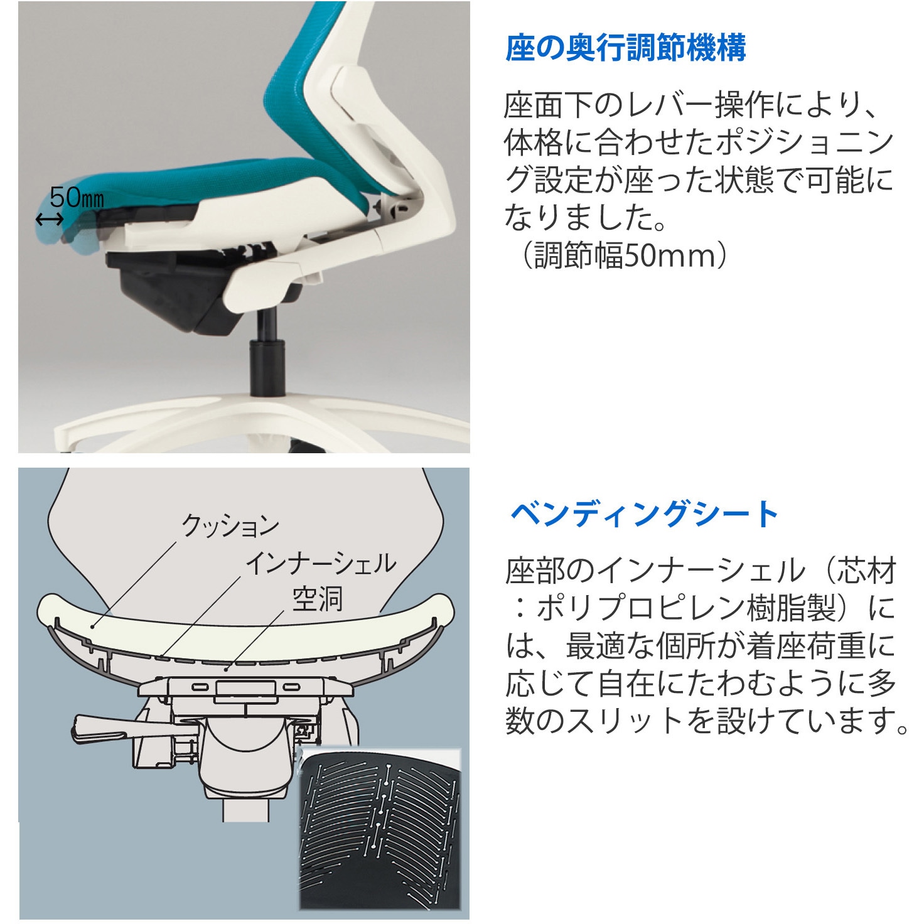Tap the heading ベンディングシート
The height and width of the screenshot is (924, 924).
[644, 514]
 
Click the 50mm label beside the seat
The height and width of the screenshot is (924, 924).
[76, 198]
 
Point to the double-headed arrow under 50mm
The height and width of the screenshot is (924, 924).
[49, 219]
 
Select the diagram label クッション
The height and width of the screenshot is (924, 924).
[230, 525]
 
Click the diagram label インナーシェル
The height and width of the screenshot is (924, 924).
[320, 563]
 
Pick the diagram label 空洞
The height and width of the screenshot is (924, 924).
[318, 599]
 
